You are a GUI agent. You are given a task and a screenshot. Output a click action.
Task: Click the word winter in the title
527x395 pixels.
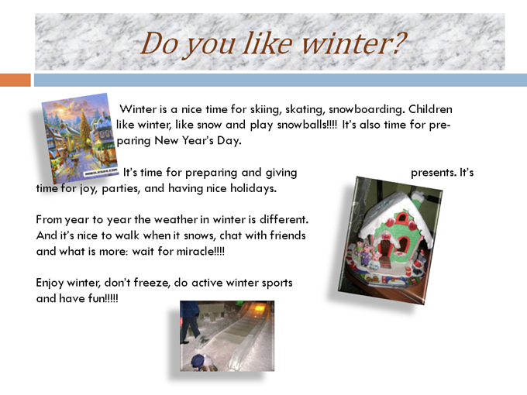pyautogui.click(x=354, y=43)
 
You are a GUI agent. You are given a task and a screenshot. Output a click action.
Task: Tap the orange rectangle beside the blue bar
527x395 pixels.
pyautogui.click(x=15, y=80)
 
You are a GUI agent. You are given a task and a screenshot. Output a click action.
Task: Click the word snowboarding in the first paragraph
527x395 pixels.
pyautogui.click(x=367, y=109)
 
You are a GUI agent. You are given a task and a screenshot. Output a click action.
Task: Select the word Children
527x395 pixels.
pyautogui.click(x=430, y=109)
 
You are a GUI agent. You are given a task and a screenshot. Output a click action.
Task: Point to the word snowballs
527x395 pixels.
pyautogui.click(x=307, y=125)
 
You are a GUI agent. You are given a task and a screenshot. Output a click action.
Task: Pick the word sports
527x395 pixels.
pyautogui.click(x=277, y=283)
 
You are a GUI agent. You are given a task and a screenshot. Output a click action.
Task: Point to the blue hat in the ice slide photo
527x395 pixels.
pyautogui.click(x=198, y=360)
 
